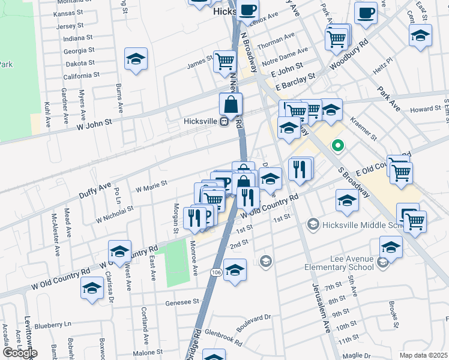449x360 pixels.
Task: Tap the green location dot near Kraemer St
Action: pos(338,145)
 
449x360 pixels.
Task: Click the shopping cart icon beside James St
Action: pos(224,60)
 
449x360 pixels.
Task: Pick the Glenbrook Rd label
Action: pos(223,336)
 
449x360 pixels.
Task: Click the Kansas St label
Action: pos(67,13)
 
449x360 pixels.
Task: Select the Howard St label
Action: pos(426,110)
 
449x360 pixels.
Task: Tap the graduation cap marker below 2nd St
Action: pos(235,269)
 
